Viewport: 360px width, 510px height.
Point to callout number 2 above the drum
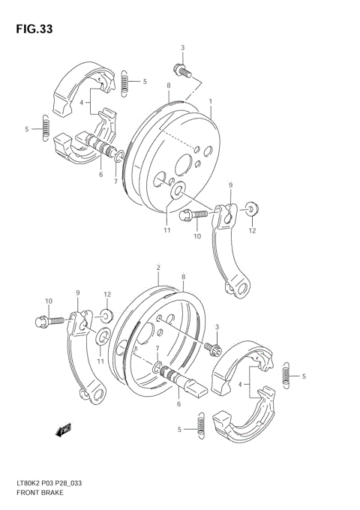click(158, 268)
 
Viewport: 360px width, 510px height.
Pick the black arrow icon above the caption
click(64, 430)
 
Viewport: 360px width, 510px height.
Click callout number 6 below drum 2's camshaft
click(178, 404)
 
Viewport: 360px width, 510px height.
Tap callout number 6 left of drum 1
click(100, 174)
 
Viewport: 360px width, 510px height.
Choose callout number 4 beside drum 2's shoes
click(239, 385)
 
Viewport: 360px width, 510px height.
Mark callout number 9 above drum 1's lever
click(230, 184)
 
